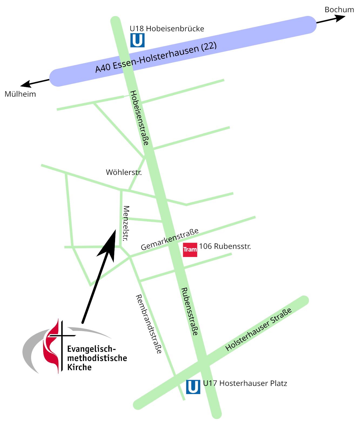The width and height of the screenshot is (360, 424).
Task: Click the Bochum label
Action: click(x=339, y=10)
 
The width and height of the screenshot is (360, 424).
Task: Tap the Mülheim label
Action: click(x=20, y=94)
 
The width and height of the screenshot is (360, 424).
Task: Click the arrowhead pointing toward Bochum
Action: click(x=341, y=18)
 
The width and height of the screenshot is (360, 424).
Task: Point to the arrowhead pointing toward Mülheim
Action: click(x=26, y=84)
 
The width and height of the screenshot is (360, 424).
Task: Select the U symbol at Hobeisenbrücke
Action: click(x=137, y=40)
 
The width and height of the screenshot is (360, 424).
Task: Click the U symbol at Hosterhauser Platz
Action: click(x=193, y=387)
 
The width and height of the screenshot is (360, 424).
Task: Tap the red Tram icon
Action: click(x=190, y=250)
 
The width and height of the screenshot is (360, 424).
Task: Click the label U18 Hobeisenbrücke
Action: click(x=167, y=29)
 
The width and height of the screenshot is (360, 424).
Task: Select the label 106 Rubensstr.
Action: click(x=225, y=246)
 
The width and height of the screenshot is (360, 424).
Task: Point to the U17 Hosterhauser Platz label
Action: click(x=245, y=384)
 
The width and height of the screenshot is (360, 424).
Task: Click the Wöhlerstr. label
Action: click(x=124, y=172)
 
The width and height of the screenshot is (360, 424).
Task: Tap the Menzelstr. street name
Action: click(x=126, y=223)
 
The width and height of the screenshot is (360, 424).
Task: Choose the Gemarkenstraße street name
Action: click(x=170, y=239)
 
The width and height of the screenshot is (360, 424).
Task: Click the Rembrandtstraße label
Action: click(x=149, y=324)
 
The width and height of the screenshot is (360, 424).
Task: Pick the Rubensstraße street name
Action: click(x=189, y=311)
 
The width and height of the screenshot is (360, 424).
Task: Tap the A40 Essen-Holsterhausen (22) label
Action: click(x=156, y=57)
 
